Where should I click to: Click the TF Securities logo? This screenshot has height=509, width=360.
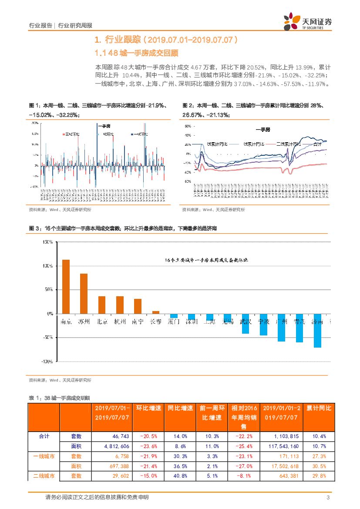coord(308,21)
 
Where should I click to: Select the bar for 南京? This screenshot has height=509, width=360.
coord(66,286)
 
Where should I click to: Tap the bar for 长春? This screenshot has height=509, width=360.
coord(155,312)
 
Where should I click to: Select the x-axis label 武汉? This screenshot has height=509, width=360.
coord(246,322)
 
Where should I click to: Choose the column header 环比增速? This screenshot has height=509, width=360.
coord(148,409)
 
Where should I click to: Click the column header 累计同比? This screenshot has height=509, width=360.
coord(319,409)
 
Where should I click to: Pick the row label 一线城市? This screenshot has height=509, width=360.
coord(44,456)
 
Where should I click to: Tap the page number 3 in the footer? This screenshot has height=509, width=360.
coord(327,497)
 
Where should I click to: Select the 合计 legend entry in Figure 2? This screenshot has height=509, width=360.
coord(316,144)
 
